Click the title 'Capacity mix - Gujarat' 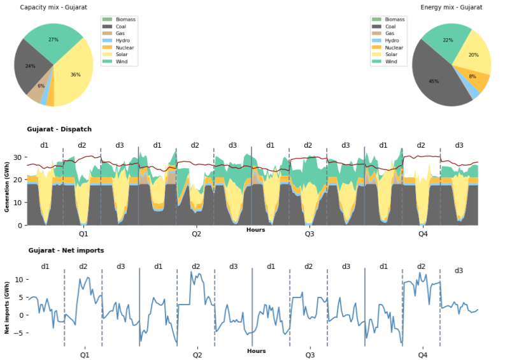click(53, 7)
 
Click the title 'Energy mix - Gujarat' click(451, 7)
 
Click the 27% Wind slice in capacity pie click(55, 39)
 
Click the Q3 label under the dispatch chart click(309, 234)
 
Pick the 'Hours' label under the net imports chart click(256, 351)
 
